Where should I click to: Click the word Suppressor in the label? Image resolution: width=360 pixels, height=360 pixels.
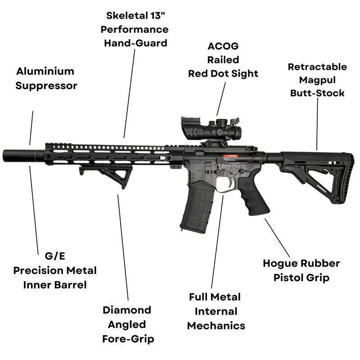tap(46, 85)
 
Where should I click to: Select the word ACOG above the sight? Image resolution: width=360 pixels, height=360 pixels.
tap(223, 46)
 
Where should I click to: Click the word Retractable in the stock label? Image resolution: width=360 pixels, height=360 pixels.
tap(317, 67)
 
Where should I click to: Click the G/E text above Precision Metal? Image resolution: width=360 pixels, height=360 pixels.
tap(55, 256)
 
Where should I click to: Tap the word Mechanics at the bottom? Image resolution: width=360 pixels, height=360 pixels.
tap(216, 325)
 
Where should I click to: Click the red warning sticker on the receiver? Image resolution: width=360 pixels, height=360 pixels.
tap(230, 157)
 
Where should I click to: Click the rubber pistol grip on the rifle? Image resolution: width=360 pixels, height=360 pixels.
tap(254, 200)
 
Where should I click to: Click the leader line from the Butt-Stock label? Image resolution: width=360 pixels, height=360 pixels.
tap(317, 124)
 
